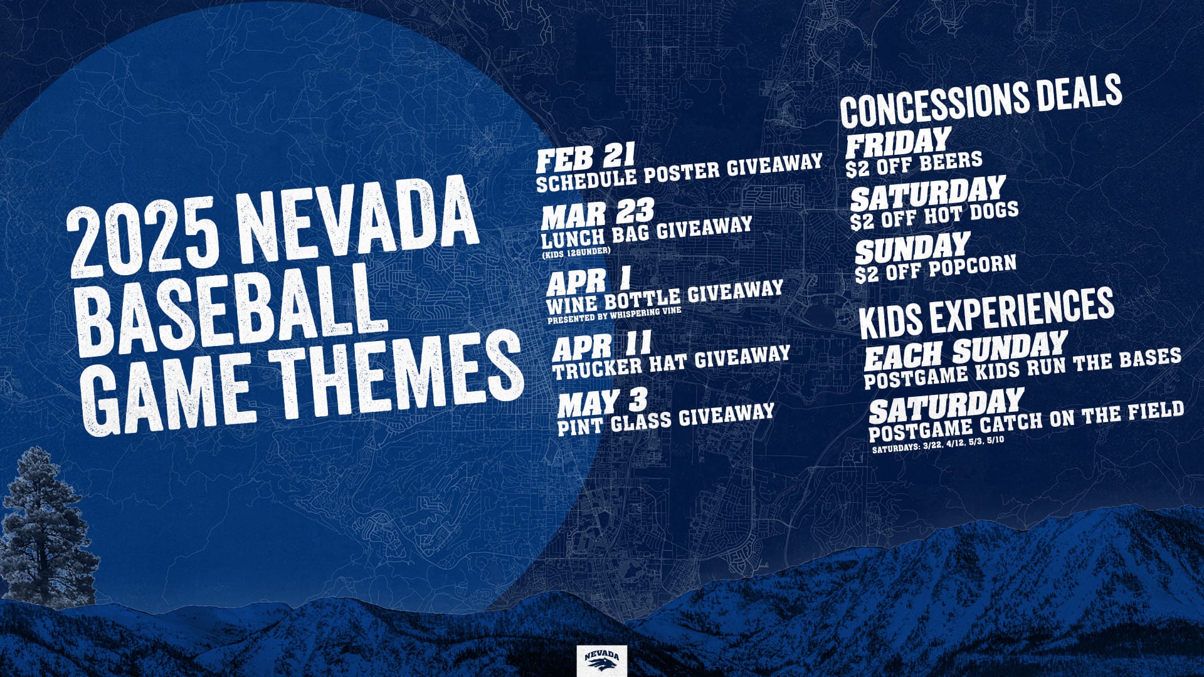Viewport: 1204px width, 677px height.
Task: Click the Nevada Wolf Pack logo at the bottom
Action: [601, 659]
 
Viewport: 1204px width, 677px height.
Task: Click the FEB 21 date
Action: [586, 157]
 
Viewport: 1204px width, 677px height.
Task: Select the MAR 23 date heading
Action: [598, 214]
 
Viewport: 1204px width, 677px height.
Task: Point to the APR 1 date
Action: [588, 281]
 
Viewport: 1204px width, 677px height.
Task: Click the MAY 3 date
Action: [603, 403]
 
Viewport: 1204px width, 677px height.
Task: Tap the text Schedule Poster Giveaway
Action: [679, 172]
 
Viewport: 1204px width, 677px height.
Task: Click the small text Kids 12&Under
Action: [576, 252]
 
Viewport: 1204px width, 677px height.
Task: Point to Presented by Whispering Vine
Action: [614, 315]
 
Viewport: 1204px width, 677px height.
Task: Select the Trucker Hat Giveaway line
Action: [671, 362]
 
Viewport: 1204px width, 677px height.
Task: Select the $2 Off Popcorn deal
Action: [936, 269]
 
